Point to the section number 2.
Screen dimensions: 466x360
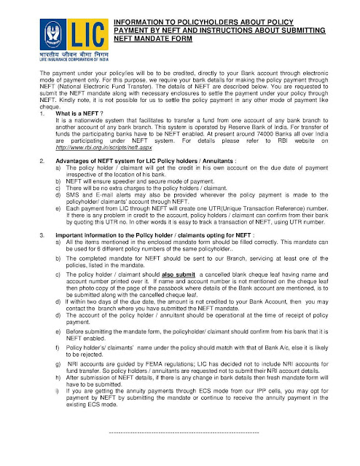pos(42,178)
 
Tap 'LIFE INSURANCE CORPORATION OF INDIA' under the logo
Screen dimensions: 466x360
pos(63,60)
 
